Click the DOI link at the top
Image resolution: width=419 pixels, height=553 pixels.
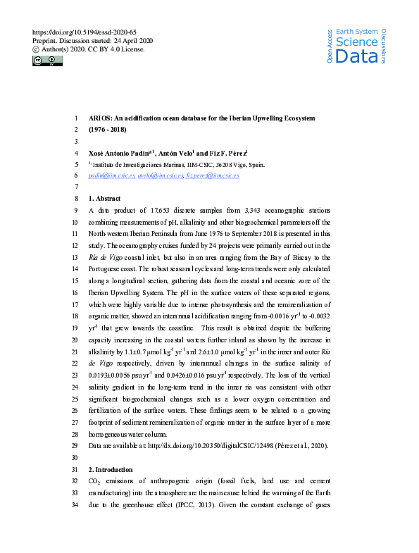pyautogui.click(x=85, y=32)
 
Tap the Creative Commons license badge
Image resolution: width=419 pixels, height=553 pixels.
pyautogui.click(x=47, y=61)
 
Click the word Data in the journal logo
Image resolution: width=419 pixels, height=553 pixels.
pyautogui.click(x=356, y=56)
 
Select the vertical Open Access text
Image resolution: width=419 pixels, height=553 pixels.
pyautogui.click(x=329, y=46)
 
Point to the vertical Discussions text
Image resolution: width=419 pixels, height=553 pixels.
pyautogui.click(x=383, y=46)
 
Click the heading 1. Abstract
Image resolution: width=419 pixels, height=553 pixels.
pyautogui.click(x=104, y=199)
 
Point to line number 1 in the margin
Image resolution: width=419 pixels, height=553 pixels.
pyautogui.click(x=75, y=118)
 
